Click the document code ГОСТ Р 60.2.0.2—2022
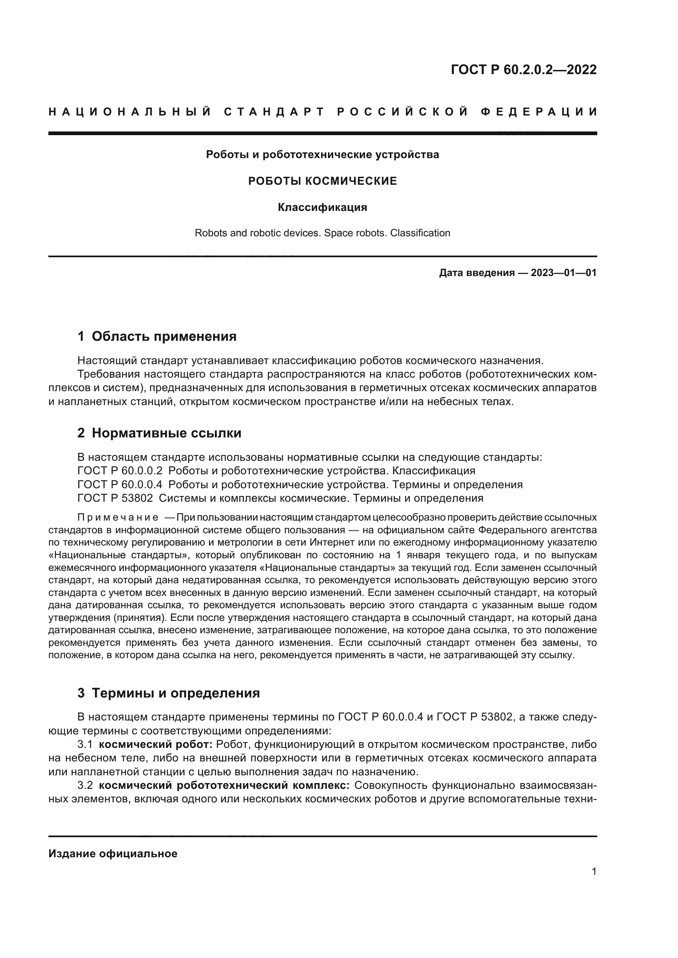click(523, 70)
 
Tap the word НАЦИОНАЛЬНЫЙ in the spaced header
click(130, 112)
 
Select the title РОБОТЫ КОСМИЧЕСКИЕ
click(322, 181)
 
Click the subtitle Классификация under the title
click(322, 207)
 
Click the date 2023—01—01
click(563, 273)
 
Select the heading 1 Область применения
click(157, 336)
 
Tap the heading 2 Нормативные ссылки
click(159, 433)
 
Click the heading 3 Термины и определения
click(168, 693)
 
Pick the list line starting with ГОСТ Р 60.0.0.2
click(276, 471)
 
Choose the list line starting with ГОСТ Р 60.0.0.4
click(300, 485)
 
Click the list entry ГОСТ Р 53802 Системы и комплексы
click(280, 498)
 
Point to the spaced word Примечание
click(118, 518)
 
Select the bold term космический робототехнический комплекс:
click(224, 785)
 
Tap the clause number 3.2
click(85, 785)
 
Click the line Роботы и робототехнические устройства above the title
click(322, 155)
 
